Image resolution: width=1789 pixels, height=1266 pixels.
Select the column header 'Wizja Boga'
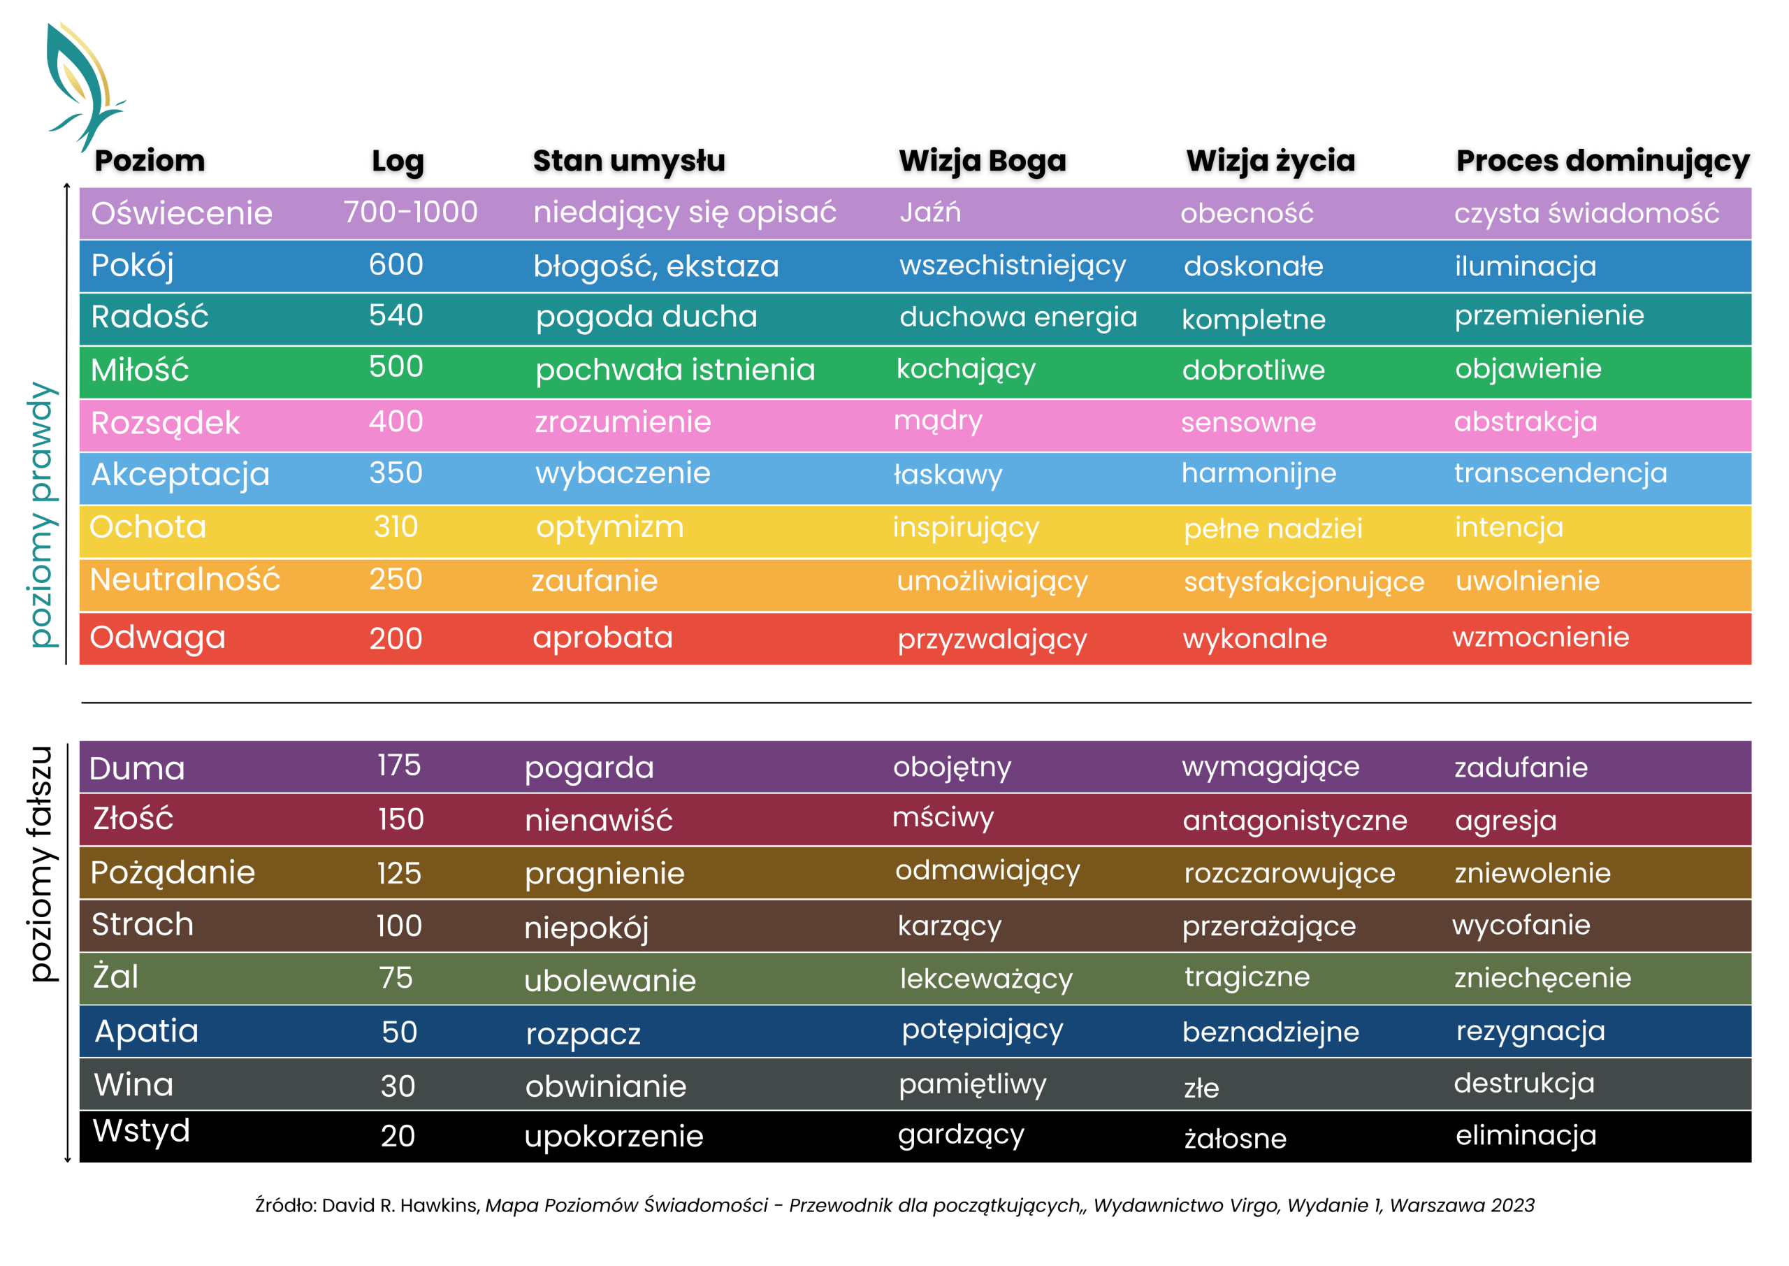982,161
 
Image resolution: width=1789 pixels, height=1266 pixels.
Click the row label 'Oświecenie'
182,214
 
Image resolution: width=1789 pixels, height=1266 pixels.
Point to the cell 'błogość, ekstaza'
656,266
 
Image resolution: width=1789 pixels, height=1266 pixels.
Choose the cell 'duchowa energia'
1017,317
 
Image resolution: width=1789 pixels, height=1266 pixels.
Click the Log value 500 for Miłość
396,366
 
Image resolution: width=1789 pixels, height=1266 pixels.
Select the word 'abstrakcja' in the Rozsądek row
1525,422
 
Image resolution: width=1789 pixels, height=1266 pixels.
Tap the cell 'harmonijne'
1259,473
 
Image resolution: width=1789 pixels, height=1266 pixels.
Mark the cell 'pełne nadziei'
1273,528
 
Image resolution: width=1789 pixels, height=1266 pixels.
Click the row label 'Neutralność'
184,580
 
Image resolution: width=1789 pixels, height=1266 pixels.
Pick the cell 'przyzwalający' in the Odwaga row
991,639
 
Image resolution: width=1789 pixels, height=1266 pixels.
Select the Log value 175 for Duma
399,765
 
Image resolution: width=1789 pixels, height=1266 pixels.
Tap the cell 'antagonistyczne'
1294,820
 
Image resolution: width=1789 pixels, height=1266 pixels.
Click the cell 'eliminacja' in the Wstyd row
1525,1135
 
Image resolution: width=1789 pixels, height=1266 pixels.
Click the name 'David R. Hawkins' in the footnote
400,1205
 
